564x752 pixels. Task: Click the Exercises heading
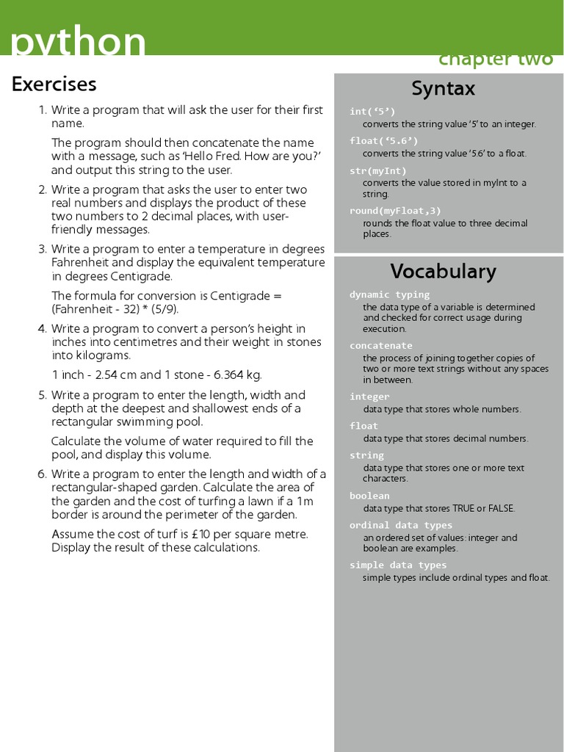54,84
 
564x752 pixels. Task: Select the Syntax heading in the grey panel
443,89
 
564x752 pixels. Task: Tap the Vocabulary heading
443,272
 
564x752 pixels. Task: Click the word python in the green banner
78,43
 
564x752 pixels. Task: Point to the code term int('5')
372,112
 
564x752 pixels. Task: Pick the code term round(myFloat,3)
395,211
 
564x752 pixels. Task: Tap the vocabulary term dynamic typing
389,294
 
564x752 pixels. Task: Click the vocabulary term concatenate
380,345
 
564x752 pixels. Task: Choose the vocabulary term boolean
369,496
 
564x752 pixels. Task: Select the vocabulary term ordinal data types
400,525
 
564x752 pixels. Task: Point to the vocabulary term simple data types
397,565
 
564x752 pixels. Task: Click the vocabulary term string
366,455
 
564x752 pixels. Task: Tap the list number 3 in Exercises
42,249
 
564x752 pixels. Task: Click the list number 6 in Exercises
42,474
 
